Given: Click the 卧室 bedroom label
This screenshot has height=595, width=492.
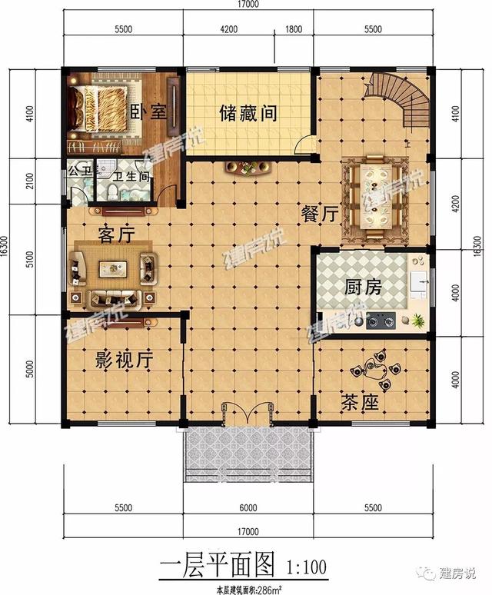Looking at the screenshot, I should pos(149,112).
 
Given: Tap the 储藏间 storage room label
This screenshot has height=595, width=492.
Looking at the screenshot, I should pos(248,114).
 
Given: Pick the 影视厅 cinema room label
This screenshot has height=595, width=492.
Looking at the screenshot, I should pos(124,358).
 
